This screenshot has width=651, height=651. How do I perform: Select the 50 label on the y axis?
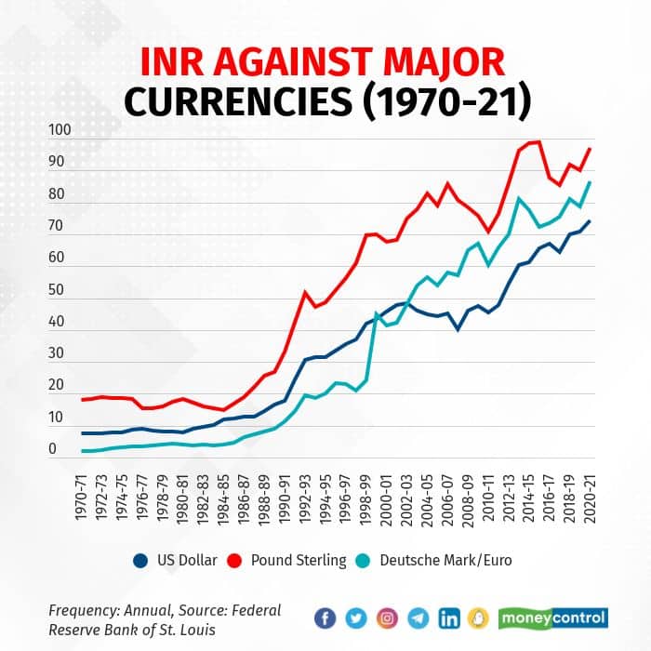tap(58, 290)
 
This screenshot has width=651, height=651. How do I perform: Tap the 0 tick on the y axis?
tap(54, 449)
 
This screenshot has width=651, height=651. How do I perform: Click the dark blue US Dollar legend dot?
tap(140, 560)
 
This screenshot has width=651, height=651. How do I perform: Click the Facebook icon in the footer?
tap(325, 618)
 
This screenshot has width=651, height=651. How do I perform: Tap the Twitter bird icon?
tap(356, 618)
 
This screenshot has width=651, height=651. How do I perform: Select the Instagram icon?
tap(387, 618)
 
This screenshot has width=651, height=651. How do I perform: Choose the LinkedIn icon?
tap(449, 618)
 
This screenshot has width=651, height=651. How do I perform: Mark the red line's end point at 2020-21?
tap(590, 149)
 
